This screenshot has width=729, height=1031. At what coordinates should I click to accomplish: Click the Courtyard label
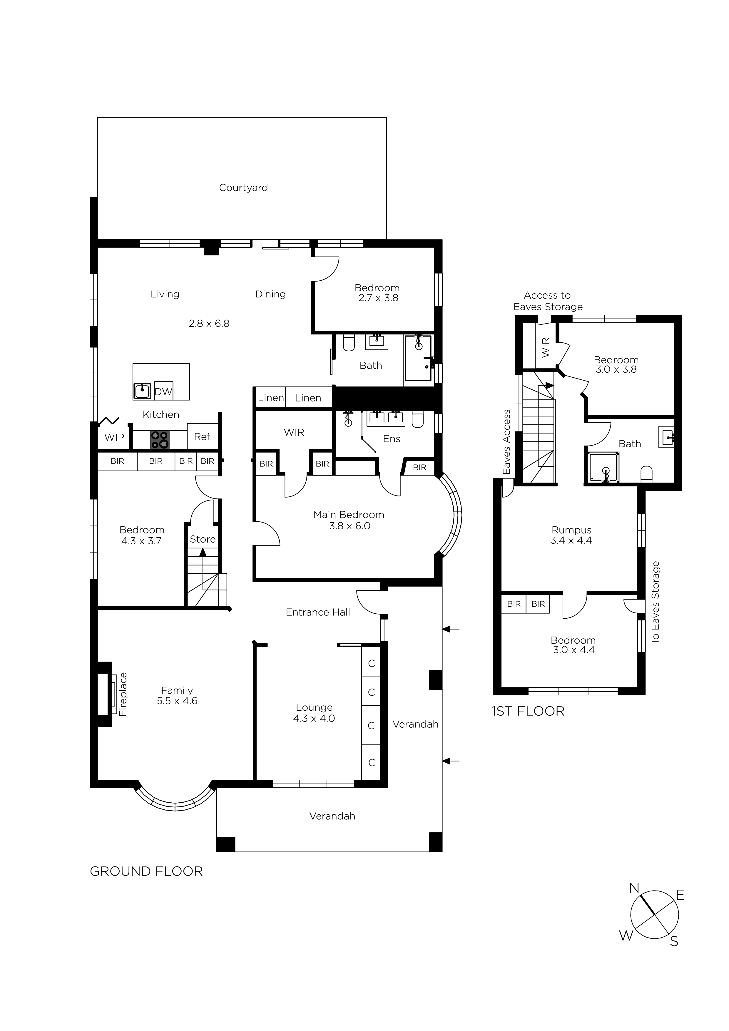(243, 188)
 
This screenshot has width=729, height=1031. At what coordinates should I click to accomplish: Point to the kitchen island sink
(142, 391)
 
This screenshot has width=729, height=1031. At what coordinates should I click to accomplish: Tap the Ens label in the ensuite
(391, 439)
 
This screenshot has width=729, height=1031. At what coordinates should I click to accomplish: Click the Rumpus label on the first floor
(571, 530)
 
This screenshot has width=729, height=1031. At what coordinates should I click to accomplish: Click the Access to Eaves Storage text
(548, 301)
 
